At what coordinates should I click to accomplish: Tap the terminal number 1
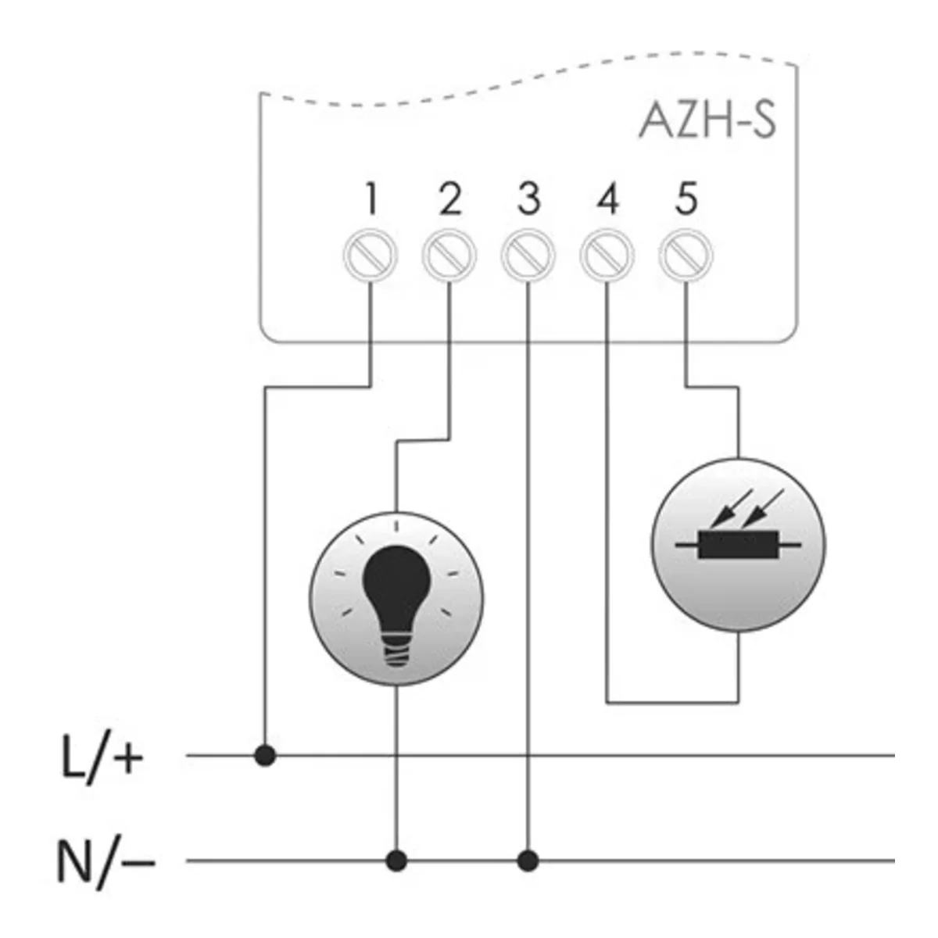coord(371,199)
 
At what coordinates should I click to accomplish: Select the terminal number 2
coord(449,199)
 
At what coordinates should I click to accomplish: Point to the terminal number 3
coord(528,199)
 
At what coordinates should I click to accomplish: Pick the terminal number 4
coord(607,199)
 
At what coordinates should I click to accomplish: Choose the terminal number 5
coord(686,199)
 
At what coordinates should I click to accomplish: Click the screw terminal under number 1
coord(371,255)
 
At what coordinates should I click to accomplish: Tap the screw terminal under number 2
coord(449,255)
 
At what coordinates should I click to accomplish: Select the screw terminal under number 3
coord(528,255)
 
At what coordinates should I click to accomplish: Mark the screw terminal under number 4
coord(607,255)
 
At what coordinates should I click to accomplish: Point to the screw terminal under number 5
coord(686,255)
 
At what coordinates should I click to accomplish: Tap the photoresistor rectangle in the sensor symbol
coord(738,544)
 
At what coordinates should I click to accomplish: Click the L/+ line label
coord(102,757)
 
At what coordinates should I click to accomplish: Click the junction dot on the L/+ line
coord(266,756)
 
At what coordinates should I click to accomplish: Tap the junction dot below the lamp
coord(397,861)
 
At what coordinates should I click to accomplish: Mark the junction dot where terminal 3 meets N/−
coord(528,861)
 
